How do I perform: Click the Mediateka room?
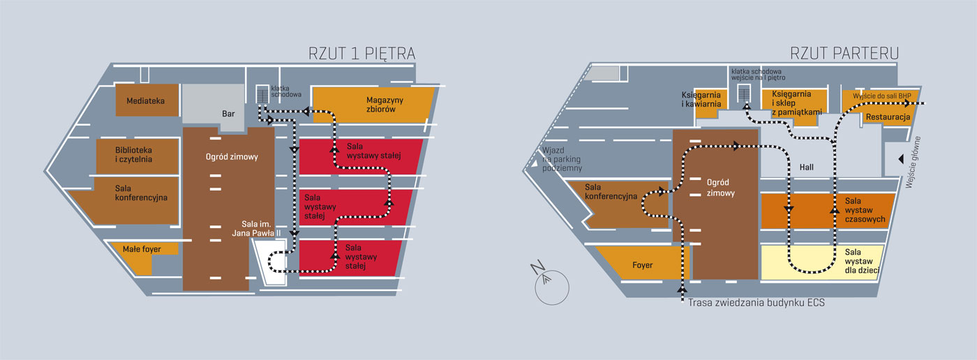[x=147, y=100]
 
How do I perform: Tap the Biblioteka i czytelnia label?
[x=133, y=155]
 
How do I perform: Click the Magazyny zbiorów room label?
[x=385, y=105]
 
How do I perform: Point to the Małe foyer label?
[x=142, y=249]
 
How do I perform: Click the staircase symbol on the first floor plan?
[x=262, y=94]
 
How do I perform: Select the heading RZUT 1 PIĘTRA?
[x=361, y=54]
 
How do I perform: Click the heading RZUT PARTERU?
[x=844, y=53]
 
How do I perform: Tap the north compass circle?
[x=552, y=287]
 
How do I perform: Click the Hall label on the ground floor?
[x=807, y=167]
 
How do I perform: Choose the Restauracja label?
[x=888, y=117]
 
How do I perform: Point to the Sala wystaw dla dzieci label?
[x=862, y=261]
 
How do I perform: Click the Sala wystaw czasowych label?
[x=865, y=210]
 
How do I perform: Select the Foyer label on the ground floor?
[x=643, y=265]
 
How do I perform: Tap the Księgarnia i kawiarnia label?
[x=701, y=99]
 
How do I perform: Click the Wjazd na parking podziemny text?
[x=562, y=159]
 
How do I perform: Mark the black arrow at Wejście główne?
[x=901, y=159]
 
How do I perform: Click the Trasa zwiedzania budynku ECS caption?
[x=756, y=303]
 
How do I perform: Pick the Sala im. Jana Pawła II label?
[x=256, y=229]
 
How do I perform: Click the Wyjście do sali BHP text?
[x=882, y=96]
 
